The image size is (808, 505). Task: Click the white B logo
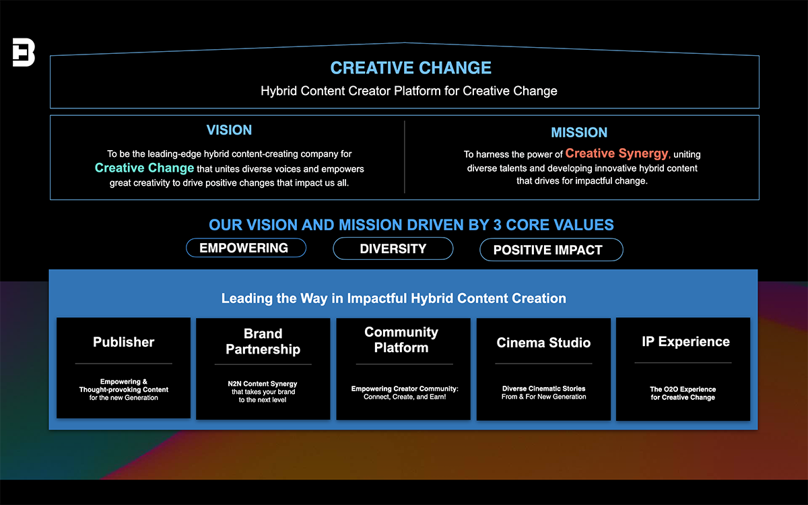point(24,53)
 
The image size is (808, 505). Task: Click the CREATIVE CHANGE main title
point(411,68)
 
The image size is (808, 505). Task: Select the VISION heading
point(229,130)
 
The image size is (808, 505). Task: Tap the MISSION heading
point(579,133)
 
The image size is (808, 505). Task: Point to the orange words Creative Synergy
point(617,154)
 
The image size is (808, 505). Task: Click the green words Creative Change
point(144,168)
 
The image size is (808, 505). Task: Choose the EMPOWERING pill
point(246,248)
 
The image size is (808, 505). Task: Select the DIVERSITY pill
point(393,248)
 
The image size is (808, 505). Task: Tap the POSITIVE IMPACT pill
point(551,250)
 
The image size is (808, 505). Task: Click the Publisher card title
point(123,342)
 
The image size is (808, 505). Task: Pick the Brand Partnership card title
point(263,341)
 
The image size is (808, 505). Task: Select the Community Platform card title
point(401,339)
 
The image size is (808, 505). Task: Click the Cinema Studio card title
point(543,342)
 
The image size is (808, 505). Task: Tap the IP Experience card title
point(685,341)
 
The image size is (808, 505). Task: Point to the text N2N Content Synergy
point(263,384)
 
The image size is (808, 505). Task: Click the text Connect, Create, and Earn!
point(405,397)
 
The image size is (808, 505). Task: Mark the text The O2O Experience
point(683,389)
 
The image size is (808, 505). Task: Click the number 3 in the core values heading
point(498,225)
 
